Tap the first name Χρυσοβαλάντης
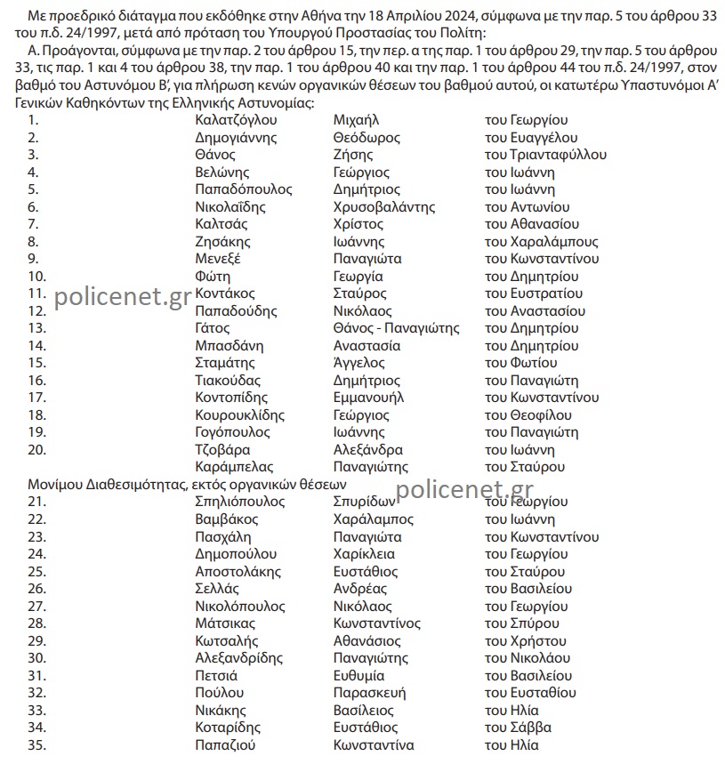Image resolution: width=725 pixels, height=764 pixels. click(x=383, y=207)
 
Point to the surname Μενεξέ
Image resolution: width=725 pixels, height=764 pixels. click(x=219, y=259)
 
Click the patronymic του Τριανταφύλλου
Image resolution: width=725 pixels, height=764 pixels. click(x=545, y=155)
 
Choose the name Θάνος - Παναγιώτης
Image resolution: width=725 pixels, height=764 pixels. click(x=396, y=328)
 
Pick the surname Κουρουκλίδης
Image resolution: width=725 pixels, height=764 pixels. click(x=239, y=415)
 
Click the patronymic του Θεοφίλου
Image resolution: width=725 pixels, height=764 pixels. click(x=528, y=415)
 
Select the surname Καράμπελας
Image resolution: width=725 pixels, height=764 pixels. click(x=234, y=467)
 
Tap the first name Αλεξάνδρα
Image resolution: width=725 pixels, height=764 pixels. click(x=367, y=450)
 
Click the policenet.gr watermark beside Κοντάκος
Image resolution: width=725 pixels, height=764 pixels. click(x=123, y=297)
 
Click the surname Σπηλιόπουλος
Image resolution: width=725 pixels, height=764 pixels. click(x=239, y=502)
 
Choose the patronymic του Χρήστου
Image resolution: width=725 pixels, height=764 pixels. click(x=525, y=640)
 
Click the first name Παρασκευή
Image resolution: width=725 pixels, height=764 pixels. click(x=369, y=693)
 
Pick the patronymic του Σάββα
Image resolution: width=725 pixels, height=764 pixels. click(x=518, y=728)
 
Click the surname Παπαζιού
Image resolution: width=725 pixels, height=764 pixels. click(x=225, y=745)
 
